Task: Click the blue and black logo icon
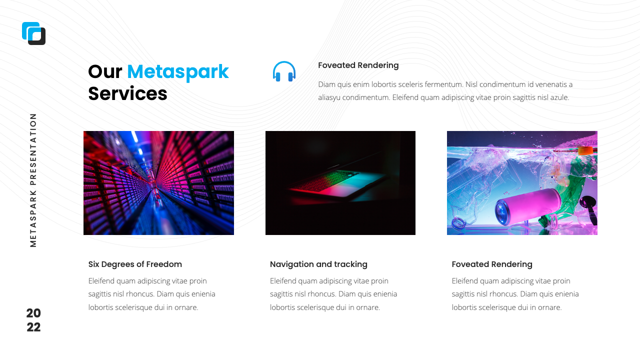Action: (33, 33)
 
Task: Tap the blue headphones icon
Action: (284, 71)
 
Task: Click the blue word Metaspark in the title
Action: (177, 72)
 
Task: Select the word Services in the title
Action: (127, 93)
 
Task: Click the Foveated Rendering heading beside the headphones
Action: (358, 65)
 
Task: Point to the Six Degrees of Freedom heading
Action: (135, 264)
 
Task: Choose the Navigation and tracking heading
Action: (318, 264)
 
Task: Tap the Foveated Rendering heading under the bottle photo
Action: (492, 264)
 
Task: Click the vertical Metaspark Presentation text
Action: (33, 179)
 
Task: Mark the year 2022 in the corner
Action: (33, 320)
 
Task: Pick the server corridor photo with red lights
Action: (158, 183)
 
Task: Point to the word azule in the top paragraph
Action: (559, 97)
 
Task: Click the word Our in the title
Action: (105, 72)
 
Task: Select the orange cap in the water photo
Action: (585, 149)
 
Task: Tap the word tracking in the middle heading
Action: (351, 264)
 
